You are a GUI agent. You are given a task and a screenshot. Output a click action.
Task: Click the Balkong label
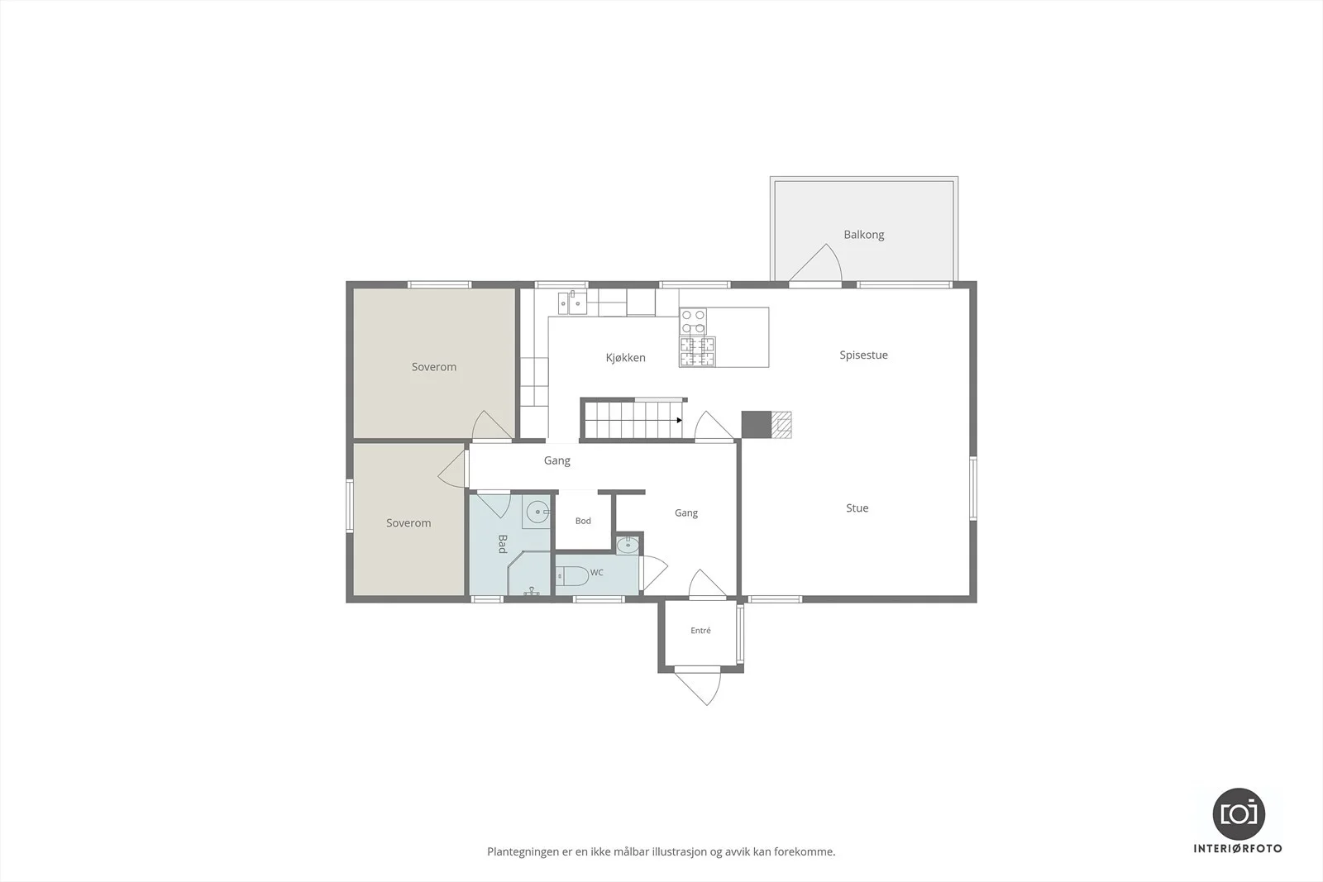pos(863,235)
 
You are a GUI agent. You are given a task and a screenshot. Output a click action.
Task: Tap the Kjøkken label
pos(625,357)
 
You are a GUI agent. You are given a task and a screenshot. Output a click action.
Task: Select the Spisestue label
pos(863,355)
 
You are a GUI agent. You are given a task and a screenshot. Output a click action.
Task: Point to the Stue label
pos(857,508)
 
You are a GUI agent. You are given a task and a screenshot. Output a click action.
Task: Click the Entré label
pos(700,631)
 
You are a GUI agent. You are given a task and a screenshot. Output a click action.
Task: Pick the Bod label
pos(583,521)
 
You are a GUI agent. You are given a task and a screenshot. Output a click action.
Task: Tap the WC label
pos(596,572)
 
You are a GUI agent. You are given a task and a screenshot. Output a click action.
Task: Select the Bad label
pos(503,544)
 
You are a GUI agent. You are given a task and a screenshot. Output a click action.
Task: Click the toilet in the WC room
pos(571,575)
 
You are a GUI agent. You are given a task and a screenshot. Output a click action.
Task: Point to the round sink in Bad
pos(537,511)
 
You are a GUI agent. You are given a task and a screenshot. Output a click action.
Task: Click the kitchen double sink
pos(572,303)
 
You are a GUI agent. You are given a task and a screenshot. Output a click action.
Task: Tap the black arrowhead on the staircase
pos(679,421)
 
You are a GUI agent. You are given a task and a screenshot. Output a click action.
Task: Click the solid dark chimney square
pos(756,425)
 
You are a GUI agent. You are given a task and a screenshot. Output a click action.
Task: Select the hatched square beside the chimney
pos(781,425)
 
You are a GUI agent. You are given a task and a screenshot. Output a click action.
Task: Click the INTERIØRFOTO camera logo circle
pos(1239,813)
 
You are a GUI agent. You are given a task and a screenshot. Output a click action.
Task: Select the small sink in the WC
pos(628,545)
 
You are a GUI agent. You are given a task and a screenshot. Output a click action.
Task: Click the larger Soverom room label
pos(434,367)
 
